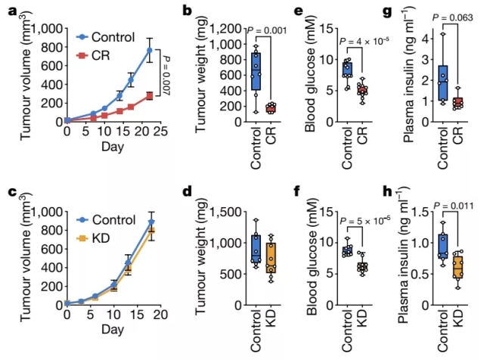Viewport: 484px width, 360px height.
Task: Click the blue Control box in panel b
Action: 256,72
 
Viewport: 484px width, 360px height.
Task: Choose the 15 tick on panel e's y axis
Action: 327,28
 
